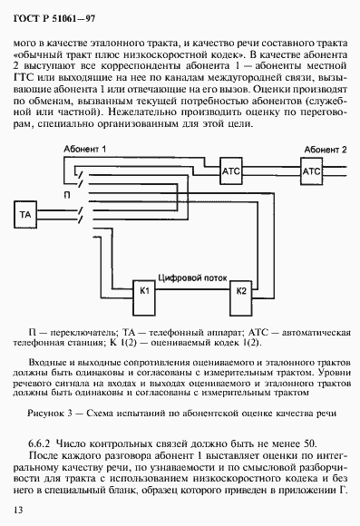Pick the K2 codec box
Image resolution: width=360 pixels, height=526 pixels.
(241, 290)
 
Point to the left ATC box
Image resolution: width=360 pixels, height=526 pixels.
(229, 171)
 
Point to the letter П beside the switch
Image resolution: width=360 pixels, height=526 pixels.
(66, 194)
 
